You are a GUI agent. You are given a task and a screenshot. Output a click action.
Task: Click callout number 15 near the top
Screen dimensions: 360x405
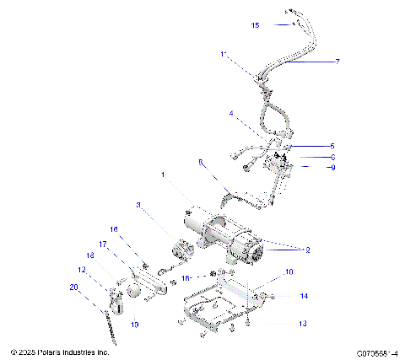(x=256, y=26)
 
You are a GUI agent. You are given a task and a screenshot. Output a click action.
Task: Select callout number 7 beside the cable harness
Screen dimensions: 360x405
(x=337, y=62)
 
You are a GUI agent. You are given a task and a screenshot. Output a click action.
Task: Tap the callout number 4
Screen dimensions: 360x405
(x=230, y=113)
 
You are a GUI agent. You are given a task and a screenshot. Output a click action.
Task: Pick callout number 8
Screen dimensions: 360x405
(x=200, y=162)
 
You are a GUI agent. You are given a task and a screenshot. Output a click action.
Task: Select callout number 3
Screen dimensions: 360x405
(x=138, y=204)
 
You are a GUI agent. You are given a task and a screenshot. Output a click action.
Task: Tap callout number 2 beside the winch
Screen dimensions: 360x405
(x=308, y=250)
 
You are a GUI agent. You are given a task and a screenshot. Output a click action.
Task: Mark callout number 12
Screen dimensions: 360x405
(x=83, y=270)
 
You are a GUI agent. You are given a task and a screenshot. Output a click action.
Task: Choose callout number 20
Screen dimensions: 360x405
(x=73, y=287)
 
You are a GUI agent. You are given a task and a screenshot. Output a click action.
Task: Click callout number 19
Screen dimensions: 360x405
(x=134, y=324)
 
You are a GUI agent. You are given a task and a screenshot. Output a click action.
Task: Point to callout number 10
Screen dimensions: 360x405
(x=289, y=272)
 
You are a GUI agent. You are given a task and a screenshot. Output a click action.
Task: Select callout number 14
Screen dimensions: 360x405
(x=304, y=296)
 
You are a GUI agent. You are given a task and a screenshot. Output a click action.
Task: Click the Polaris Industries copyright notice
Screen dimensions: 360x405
(x=59, y=352)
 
